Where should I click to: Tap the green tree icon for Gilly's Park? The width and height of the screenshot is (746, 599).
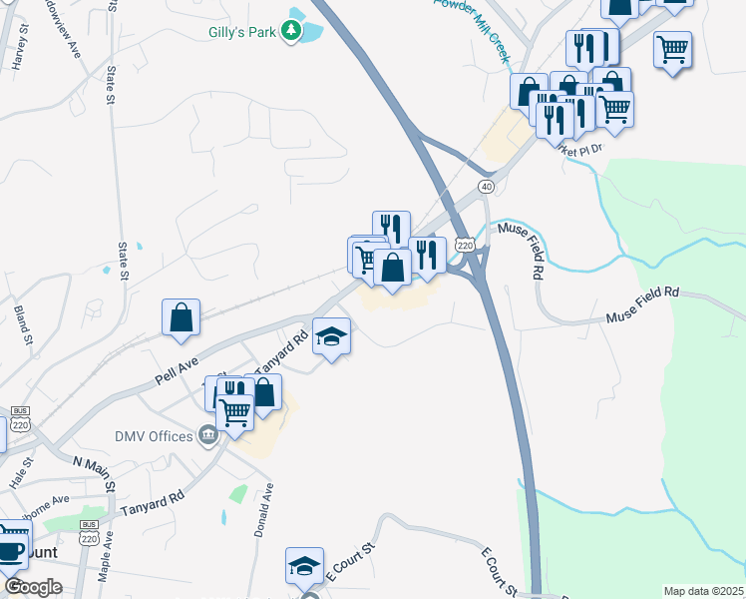click(x=291, y=32)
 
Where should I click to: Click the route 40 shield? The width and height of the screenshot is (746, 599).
click(x=486, y=187)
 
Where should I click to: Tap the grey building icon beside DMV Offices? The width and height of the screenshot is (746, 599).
click(x=208, y=434)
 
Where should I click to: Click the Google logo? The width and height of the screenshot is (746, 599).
click(x=32, y=587)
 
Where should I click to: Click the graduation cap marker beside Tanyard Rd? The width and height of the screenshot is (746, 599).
click(x=331, y=336)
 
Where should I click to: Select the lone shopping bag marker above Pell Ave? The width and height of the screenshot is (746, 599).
click(x=181, y=317)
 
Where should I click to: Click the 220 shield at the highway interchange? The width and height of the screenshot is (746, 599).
click(x=464, y=244)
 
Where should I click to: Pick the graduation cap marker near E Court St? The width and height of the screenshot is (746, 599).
click(x=304, y=566)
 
